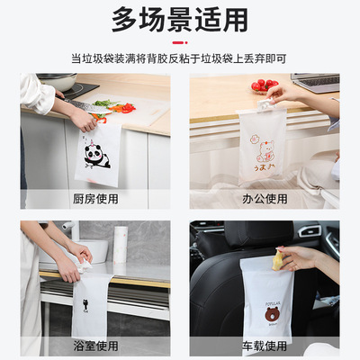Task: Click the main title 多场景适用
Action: click(x=180, y=19)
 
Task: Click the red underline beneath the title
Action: click(x=180, y=41)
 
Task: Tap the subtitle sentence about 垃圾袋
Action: click(x=180, y=57)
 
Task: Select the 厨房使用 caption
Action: click(x=95, y=199)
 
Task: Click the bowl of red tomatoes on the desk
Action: click(x=262, y=85)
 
